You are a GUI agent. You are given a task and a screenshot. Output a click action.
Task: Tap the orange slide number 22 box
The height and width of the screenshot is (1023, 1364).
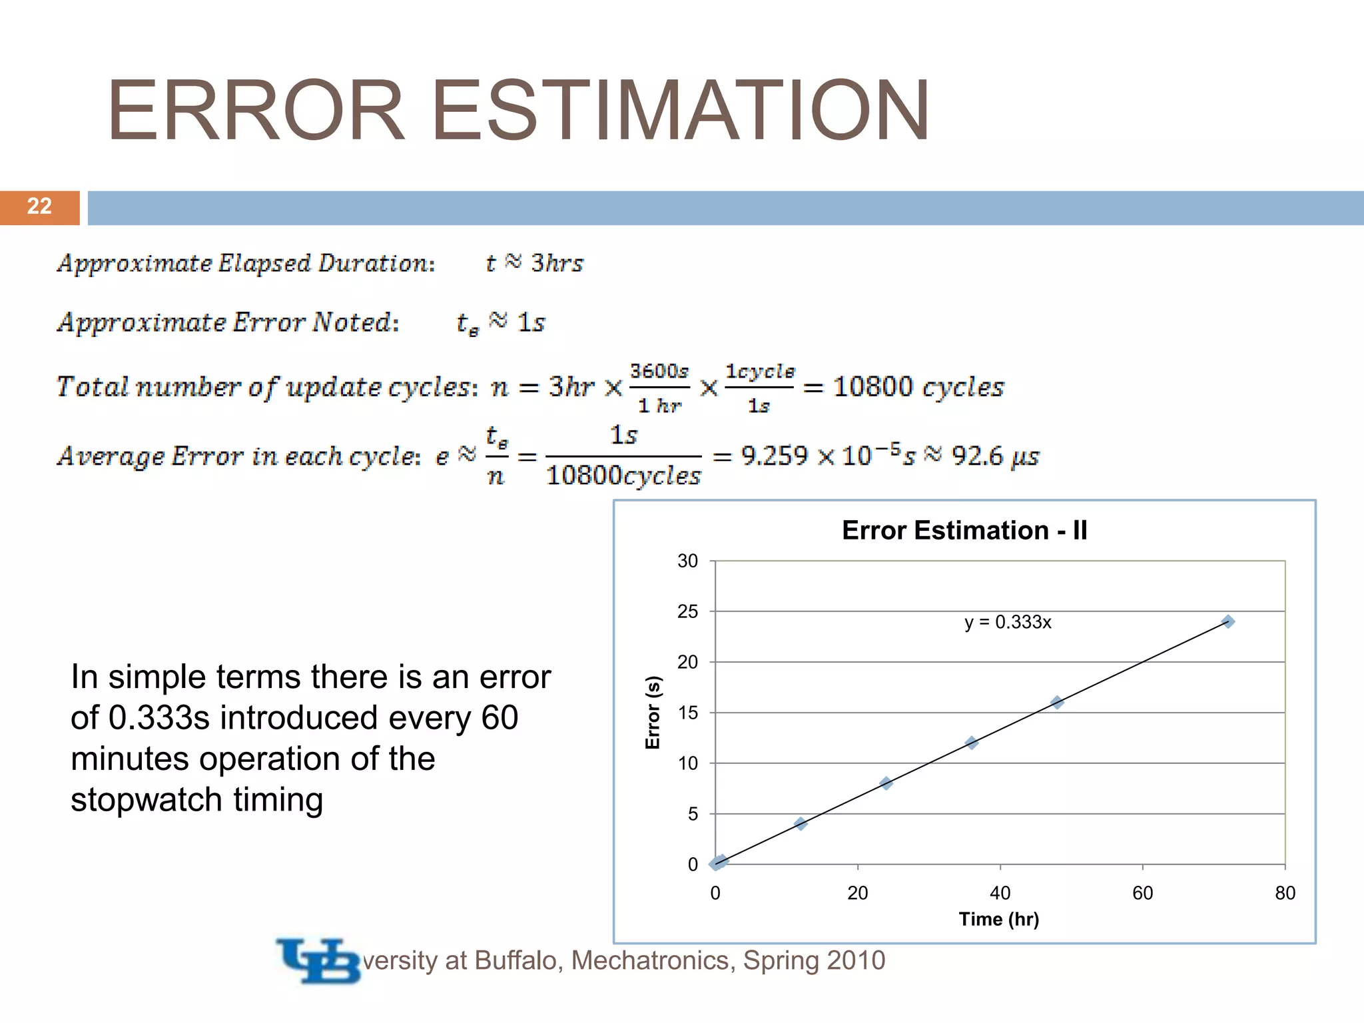[x=39, y=206]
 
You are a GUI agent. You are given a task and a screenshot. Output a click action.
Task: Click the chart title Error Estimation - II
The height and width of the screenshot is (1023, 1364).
[x=964, y=531]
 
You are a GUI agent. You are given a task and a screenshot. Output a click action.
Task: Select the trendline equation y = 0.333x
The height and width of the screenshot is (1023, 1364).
[x=1008, y=622]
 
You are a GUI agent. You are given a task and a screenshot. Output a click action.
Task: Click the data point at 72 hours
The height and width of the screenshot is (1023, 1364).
[x=1228, y=621]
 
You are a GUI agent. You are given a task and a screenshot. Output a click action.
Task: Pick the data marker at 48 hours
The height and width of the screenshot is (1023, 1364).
[x=1057, y=702]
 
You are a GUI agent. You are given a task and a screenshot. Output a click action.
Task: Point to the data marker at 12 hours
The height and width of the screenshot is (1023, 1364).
[x=801, y=824]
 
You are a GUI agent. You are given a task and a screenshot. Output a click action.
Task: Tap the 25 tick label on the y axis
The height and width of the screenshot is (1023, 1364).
[x=687, y=611]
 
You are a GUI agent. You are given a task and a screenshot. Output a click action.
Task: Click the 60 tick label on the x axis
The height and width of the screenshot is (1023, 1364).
[x=1142, y=893]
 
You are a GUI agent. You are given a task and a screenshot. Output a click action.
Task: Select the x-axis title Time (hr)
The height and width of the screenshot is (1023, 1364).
[x=998, y=919]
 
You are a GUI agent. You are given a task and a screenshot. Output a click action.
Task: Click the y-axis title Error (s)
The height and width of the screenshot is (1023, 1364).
[x=653, y=712]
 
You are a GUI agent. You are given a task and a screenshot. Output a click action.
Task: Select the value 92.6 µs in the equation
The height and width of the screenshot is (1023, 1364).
[x=994, y=456]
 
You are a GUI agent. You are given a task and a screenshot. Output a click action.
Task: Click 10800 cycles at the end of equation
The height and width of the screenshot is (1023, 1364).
[x=918, y=387]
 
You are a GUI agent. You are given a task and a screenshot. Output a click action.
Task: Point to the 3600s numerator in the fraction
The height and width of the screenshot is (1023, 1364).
[x=659, y=371]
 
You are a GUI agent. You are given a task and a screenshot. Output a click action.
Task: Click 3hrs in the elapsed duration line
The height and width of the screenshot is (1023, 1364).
[x=557, y=263]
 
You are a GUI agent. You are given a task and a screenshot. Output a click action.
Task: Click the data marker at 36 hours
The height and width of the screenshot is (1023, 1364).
[x=972, y=743]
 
